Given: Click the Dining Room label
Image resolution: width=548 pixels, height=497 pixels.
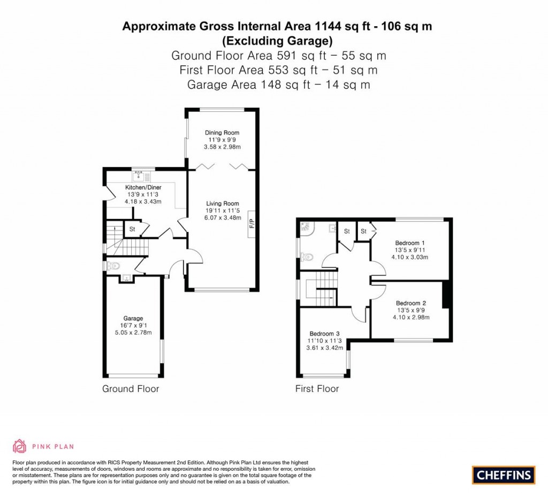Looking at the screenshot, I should coord(222,132).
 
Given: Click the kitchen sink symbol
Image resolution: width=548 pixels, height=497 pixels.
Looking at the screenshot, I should coord(142,175).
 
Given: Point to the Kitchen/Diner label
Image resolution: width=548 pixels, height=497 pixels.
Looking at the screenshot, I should coord(143,187).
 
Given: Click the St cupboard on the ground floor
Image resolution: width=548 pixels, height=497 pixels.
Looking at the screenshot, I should coord(131,229).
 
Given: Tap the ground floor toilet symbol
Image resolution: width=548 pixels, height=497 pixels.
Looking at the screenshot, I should coord(114,265).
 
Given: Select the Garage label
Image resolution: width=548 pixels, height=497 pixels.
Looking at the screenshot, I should coord(133,318).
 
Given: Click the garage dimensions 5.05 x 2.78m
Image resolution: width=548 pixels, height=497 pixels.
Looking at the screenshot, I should coord(133,332).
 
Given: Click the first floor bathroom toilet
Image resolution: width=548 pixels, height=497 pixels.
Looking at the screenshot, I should coord(307,257).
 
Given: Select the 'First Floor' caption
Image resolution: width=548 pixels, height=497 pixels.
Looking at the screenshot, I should coord(317,389).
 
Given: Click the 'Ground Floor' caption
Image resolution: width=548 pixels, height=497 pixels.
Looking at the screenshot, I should coord(131,389).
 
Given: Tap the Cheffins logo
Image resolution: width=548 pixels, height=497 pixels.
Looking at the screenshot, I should coord(503,475).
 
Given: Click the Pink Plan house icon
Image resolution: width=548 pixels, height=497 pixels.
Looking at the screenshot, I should coord(19,446).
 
